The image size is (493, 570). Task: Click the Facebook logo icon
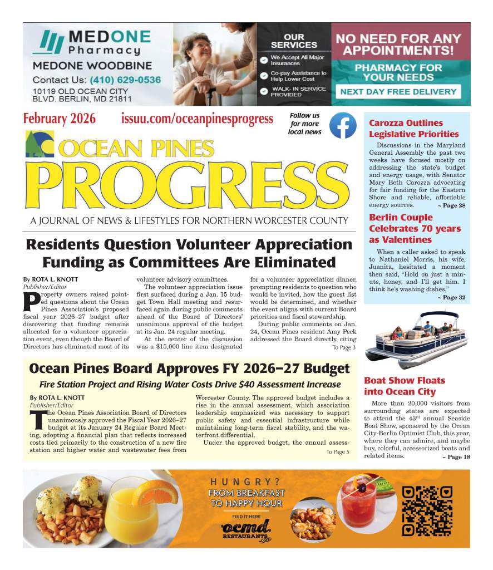point(343,125)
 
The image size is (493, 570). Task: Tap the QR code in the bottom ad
point(427,510)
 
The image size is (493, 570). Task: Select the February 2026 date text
point(60,119)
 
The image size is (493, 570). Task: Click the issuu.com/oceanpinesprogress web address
point(197,119)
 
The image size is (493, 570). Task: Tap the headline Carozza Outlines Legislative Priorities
point(413,129)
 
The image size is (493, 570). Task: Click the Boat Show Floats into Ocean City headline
point(405,386)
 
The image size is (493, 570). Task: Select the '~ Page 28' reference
point(451,206)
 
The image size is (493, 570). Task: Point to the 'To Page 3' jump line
point(344,347)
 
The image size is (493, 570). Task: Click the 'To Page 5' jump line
point(338,451)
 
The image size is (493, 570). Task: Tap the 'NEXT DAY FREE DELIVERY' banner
point(398,92)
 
